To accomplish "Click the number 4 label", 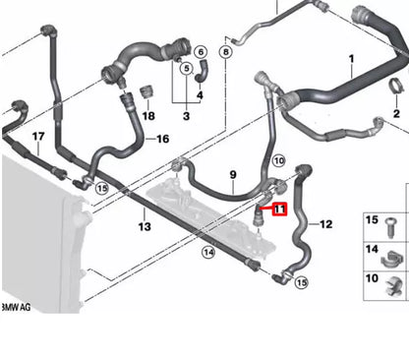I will coord(200,95).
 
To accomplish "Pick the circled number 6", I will coord(201,51).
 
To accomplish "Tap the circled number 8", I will coord(227,50).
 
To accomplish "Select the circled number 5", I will coord(182,68).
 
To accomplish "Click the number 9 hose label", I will coord(232,176).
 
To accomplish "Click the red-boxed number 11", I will coord(279,209).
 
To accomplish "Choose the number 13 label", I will coord(144,227).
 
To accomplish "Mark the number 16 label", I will coord(163,140).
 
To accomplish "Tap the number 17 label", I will coord(38,135).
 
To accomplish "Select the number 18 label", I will coord(148,116).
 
